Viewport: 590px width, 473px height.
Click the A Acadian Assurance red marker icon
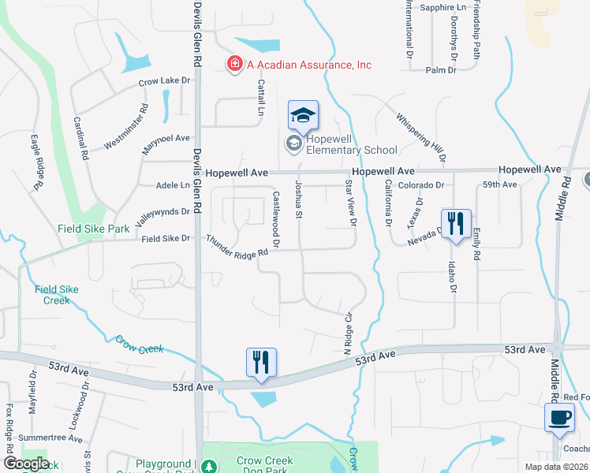234,65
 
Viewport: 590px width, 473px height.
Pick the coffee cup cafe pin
559,417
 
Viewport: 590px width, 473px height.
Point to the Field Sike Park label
93,229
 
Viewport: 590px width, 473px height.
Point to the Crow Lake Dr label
165,80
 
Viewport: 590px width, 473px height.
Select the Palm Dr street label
441,70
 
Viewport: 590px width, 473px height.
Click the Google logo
26,464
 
